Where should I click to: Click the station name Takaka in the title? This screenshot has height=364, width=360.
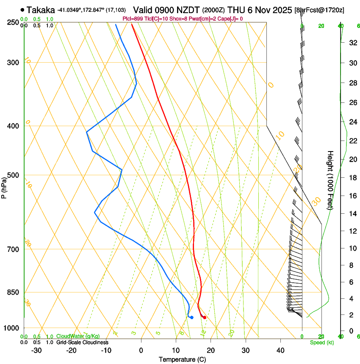coord(41,10)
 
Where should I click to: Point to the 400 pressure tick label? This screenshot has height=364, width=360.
coord(14,126)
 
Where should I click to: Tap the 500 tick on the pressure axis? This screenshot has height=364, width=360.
coord(14,175)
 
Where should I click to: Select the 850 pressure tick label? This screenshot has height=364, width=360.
coord(14,292)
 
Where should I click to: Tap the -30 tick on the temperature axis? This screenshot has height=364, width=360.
coord(36,350)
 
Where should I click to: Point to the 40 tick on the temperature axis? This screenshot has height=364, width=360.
coord(280,350)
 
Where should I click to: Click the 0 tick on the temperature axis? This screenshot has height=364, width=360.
coord(141,350)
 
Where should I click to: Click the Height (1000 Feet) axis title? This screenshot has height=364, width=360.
coord(330,180)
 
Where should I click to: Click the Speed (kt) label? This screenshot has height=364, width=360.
coord(322,342)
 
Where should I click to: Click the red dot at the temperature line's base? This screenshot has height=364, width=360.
coord(205,317)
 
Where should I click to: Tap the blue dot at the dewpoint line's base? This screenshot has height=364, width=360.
coord(192,317)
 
